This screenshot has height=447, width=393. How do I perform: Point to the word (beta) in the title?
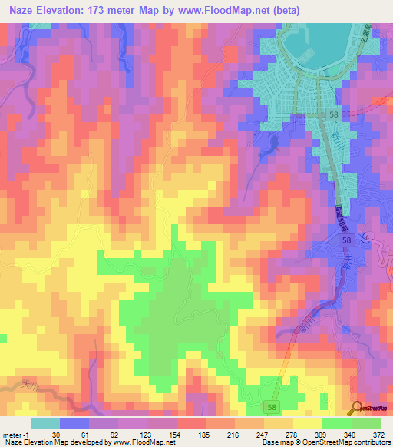(282, 11)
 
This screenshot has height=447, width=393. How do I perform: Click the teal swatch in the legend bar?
(45, 423)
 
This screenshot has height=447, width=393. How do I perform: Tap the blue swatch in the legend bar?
(74, 423)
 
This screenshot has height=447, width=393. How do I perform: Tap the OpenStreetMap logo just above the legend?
(370, 408)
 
